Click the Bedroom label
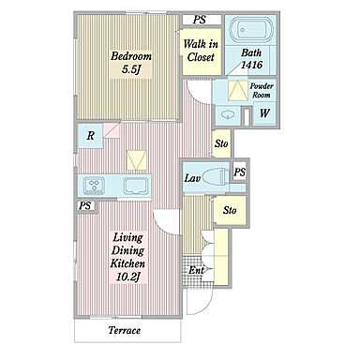pos(131,56)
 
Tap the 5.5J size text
pos(130,69)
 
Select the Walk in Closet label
pos(201,51)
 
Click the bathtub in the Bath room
pos(251,29)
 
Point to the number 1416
pos(251,65)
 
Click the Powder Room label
pos(262,90)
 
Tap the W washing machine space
pos(264,112)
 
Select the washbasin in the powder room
pos(228,115)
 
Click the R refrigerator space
pos(90,136)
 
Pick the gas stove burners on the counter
pos(94,186)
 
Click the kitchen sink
pos(136,186)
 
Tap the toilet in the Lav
pos(214,177)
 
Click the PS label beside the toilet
pos(240,172)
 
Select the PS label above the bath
pos(200,20)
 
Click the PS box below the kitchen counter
pos(86,206)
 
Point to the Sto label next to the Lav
pos(221,143)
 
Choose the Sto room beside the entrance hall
pos(231,210)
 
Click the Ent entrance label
pos(196,270)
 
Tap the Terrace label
pos(125,330)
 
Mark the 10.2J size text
pos(127,277)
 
